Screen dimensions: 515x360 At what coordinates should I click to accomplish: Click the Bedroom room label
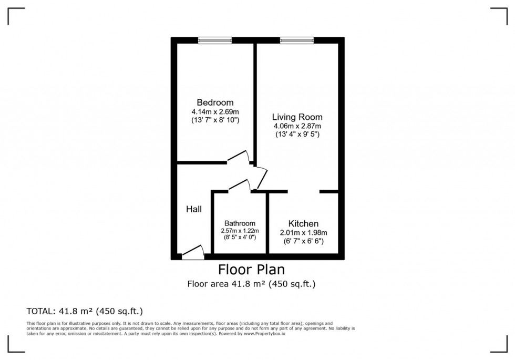click(215, 102)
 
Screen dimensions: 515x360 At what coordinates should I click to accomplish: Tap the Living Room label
click(297, 117)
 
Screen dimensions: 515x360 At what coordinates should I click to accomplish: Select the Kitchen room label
click(304, 224)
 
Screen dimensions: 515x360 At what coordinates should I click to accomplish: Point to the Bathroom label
click(240, 223)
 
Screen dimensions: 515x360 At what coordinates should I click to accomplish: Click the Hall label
click(194, 209)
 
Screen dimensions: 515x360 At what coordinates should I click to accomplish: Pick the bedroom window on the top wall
click(215, 40)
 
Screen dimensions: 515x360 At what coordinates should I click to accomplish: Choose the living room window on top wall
click(297, 40)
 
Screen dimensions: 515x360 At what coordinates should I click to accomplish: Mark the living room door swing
click(262, 178)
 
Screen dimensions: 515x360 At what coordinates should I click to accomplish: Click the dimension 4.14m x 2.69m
click(215, 111)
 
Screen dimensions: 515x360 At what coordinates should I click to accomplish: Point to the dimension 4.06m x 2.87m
click(297, 126)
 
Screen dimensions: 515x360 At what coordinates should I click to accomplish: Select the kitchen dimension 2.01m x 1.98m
click(304, 233)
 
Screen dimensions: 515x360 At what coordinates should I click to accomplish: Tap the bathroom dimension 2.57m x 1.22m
click(240, 231)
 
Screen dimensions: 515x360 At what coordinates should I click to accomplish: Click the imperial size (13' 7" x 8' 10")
click(215, 120)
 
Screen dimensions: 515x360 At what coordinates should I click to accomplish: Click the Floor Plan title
click(252, 270)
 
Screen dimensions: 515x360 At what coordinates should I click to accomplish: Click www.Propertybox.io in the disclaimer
click(264, 333)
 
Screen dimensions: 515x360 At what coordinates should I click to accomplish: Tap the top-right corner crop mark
click(507, 8)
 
